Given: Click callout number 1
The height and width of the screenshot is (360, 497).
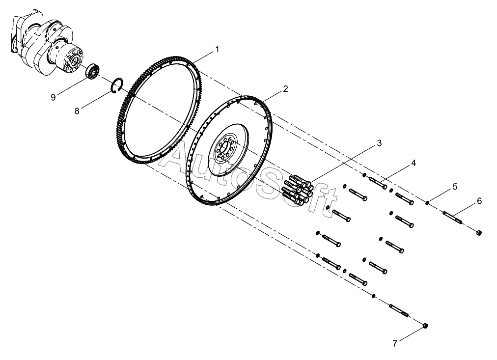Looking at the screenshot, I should [x=216, y=50].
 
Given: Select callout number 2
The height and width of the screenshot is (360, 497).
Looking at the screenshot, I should [x=285, y=89].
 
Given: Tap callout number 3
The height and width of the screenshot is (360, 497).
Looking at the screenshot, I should [x=379, y=143].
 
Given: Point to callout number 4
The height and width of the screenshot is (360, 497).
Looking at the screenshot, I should [x=414, y=163].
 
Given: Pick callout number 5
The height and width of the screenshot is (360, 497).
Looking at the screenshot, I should [x=455, y=186].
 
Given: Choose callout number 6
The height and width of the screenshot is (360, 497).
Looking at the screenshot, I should [x=479, y=200].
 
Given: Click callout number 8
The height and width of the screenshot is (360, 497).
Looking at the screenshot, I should [x=77, y=111].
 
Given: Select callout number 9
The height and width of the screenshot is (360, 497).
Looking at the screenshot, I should [x=53, y=97].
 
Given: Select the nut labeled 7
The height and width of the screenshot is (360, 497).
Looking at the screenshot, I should [x=425, y=326].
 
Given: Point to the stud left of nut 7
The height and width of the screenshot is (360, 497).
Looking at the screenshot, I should [x=399, y=310].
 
